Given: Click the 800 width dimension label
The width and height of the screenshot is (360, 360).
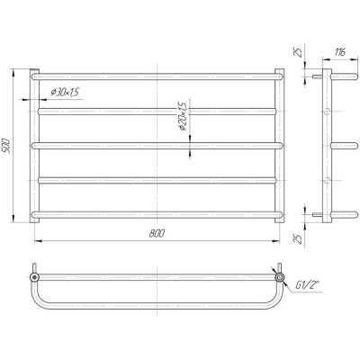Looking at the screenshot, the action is tap(157, 234).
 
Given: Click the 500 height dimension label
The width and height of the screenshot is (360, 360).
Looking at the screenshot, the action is tap(6, 146).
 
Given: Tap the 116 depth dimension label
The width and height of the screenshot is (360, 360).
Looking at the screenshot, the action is tap(340, 52).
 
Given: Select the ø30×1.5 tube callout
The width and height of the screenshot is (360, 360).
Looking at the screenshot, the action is tap(65, 92).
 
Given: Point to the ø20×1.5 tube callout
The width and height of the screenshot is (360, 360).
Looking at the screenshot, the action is tap(183, 117).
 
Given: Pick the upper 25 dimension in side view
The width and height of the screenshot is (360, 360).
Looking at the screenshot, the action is tap(297, 53).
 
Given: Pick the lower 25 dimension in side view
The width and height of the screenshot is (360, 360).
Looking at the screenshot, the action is tap(297, 238).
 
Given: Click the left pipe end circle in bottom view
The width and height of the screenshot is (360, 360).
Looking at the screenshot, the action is tap(34, 277).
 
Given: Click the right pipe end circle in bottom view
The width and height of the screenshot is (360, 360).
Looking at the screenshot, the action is tap(280, 277).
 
